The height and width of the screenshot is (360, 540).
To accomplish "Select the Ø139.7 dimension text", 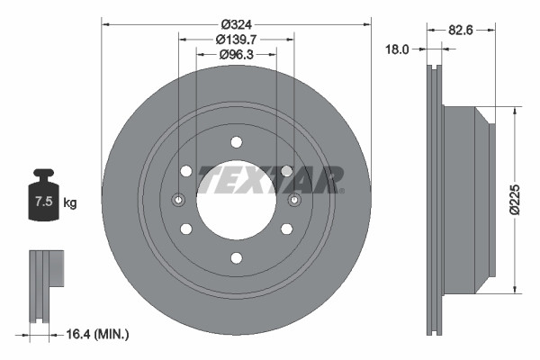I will [236, 39].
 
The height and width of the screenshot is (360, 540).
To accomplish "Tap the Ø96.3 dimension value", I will [236, 55].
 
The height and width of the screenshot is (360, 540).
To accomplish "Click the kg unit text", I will [69, 203].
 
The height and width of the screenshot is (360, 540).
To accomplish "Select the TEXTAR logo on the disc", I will [270, 179].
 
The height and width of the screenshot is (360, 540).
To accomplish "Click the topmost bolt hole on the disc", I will [236, 141].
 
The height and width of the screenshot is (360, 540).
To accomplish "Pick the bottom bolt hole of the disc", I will [236, 258].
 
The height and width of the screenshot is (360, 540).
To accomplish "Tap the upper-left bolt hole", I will [185, 171].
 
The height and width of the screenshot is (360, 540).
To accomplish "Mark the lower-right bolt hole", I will [287, 229].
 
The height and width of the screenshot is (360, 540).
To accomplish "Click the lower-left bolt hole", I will [185, 229].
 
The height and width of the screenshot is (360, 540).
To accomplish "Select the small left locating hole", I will [178, 200].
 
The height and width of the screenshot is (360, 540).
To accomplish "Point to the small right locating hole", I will [294, 200].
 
